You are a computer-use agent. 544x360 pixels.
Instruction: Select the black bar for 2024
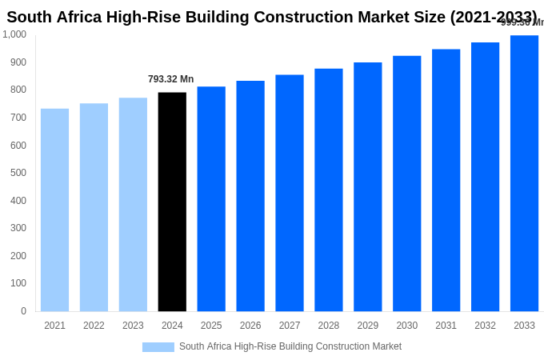click(x=172, y=202)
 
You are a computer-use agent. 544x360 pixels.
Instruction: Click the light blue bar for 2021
click(x=54, y=210)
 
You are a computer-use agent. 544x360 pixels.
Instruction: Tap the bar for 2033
click(x=524, y=173)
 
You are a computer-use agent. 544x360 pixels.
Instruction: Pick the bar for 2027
click(x=290, y=193)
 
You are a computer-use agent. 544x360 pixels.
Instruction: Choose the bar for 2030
click(x=406, y=183)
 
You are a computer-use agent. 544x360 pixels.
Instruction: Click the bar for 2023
click(x=133, y=204)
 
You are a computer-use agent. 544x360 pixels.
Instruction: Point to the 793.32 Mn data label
click(x=170, y=79)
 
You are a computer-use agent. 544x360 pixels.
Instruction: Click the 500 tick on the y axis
click(x=18, y=173)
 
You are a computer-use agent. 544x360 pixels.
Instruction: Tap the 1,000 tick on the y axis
click(x=14, y=34)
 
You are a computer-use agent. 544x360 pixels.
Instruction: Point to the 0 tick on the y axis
click(x=23, y=311)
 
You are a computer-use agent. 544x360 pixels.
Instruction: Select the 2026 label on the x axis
click(x=250, y=326)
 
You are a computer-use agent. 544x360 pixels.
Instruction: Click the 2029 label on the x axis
click(x=368, y=326)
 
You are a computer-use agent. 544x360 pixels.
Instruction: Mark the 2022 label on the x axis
click(x=94, y=326)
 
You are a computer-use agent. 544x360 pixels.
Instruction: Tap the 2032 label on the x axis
click(x=485, y=326)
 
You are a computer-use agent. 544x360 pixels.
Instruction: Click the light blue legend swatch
click(x=158, y=347)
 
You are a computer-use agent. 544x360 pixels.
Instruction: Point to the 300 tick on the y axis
click(x=18, y=228)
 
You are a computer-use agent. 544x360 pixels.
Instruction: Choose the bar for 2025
click(x=211, y=198)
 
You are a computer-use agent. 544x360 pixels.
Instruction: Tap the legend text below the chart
click(x=290, y=346)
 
